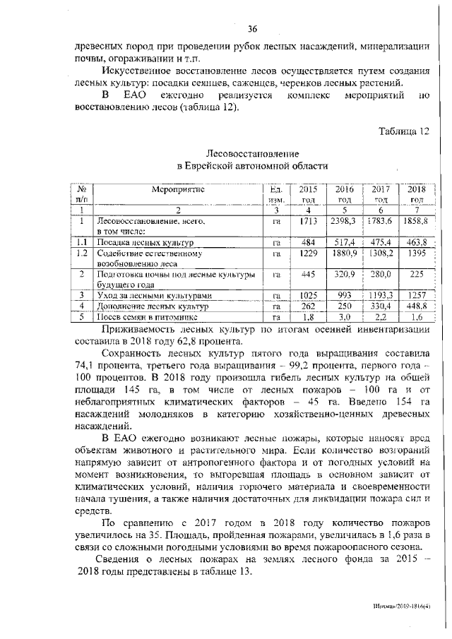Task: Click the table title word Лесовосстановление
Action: (252, 153)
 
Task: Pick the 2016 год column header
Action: (344, 194)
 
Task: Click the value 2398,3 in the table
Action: (344, 222)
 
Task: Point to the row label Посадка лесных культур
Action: (136, 242)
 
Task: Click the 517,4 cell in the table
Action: (344, 242)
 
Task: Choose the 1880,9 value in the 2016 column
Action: (344, 253)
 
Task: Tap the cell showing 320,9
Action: (344, 274)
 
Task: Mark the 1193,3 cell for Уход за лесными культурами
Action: (381, 294)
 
